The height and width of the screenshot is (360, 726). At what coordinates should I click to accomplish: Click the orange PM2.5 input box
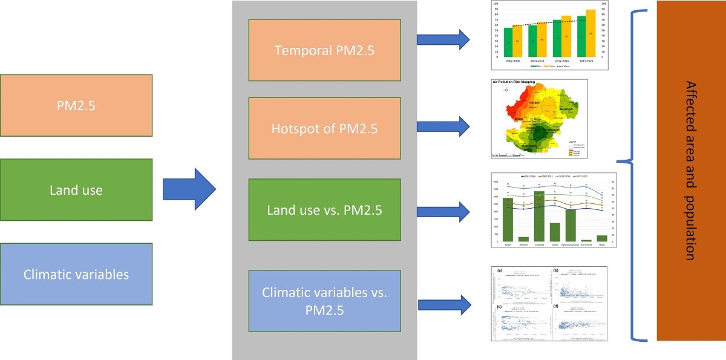click(x=77, y=105)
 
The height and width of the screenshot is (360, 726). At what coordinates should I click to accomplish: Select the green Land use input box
click(x=77, y=190)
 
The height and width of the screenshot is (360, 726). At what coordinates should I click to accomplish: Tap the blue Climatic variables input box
click(x=77, y=274)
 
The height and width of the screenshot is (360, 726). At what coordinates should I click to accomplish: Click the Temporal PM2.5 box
click(x=324, y=50)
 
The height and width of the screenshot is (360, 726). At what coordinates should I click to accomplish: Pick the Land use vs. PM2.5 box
click(x=324, y=210)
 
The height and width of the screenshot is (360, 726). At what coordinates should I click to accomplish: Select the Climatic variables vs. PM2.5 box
click(x=324, y=301)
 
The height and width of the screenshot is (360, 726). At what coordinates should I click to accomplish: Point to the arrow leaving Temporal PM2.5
click(x=443, y=40)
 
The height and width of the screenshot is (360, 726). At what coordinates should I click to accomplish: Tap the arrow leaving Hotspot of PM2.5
click(x=443, y=126)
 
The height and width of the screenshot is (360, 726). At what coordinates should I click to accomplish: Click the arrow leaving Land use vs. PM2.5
click(x=443, y=211)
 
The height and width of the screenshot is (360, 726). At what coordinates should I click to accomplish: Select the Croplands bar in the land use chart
click(x=539, y=216)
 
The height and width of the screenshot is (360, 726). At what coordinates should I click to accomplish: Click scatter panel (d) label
click(x=555, y=306)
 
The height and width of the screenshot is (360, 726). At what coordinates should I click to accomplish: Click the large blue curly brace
click(x=632, y=171)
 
